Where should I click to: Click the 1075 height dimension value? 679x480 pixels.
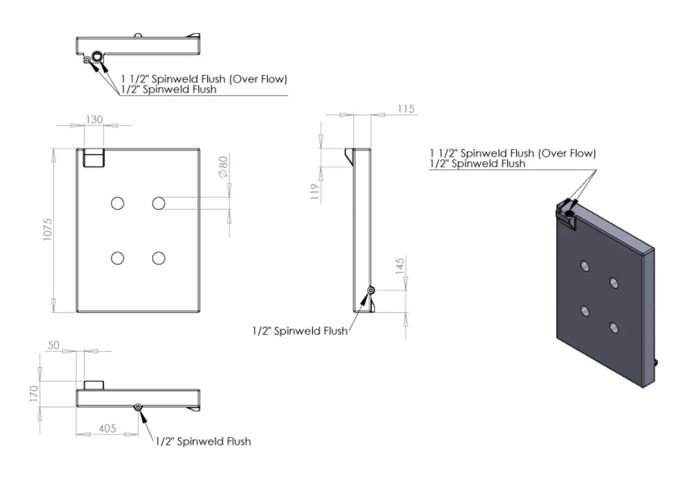48,230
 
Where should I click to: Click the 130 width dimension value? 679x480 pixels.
94,119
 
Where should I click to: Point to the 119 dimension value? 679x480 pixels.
315,191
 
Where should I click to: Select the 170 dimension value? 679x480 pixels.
35,394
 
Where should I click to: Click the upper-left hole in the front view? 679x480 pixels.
118,203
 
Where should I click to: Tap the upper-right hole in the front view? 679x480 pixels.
158,203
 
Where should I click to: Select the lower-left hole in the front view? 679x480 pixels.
118,258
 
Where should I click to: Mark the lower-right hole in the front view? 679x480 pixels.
158,258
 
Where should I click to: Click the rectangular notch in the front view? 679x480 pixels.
94,158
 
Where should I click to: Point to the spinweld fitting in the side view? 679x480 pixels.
371,290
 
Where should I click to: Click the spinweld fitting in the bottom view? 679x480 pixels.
138,407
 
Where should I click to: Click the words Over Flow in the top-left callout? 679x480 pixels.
259,79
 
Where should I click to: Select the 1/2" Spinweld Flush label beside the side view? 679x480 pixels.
300,332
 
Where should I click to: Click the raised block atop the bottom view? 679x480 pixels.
94,385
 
